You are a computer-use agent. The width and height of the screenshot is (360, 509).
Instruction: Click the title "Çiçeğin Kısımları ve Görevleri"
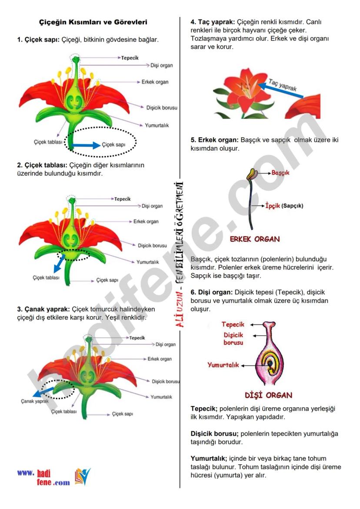[93, 22]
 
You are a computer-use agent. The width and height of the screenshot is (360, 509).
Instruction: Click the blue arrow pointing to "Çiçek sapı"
[86, 145]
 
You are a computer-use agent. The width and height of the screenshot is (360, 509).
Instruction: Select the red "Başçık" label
[280, 173]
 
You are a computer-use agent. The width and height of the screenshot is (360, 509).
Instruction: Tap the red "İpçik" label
[273, 206]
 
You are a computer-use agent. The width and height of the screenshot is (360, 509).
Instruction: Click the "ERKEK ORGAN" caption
[255, 239]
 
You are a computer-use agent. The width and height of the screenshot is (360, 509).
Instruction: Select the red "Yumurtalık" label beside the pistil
[223, 365]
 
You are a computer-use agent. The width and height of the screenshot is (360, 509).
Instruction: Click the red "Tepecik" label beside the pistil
[233, 324]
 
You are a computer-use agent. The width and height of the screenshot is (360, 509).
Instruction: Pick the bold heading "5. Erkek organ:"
[215, 140]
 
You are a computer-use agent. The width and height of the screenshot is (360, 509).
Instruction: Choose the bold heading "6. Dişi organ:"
[212, 292]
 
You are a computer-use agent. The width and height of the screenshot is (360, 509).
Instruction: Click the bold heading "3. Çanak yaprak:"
[43, 309]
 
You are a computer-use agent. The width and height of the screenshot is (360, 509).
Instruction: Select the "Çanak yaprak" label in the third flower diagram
[34, 402]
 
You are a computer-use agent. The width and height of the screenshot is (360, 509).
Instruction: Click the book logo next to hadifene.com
[83, 477]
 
